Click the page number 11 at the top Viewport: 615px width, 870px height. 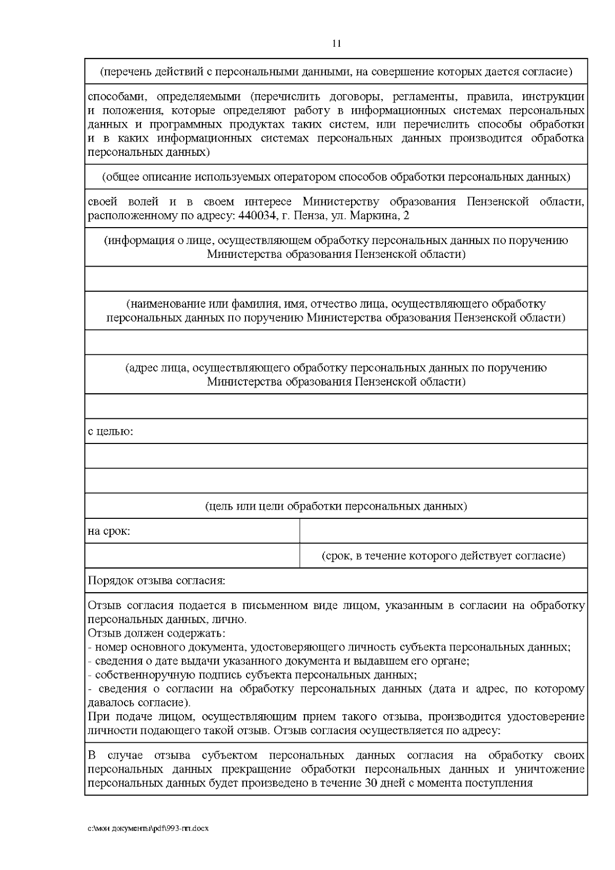[x=336, y=44]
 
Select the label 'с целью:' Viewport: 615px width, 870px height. [x=111, y=431]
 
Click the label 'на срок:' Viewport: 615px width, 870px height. [x=109, y=531]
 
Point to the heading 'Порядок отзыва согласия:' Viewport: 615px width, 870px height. [x=157, y=581]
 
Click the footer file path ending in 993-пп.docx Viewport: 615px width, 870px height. [x=149, y=828]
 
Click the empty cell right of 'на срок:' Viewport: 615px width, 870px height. [x=443, y=531]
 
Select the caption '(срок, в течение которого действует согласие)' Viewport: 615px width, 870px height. [x=443, y=556]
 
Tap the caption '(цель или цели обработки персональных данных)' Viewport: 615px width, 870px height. [x=336, y=507]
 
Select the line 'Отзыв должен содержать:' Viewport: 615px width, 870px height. [x=157, y=633]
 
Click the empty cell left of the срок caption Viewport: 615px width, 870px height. [x=192, y=556]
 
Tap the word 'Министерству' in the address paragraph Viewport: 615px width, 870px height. [x=341, y=202]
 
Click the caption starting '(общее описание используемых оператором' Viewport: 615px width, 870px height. [x=336, y=177]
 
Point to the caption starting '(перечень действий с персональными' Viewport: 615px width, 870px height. [x=336, y=72]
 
